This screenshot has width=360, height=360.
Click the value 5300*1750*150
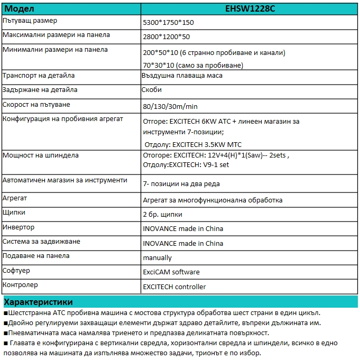pyautogui.click(x=169, y=23)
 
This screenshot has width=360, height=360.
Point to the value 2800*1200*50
pyautogui.click(x=167, y=37)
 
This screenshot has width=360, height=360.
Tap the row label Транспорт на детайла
pyautogui.click(x=39, y=76)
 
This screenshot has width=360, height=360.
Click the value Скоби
pyautogui.click(x=152, y=90)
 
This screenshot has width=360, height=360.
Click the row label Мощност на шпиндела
pyautogui.click(x=41, y=155)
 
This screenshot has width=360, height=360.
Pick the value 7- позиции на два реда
pyautogui.click(x=181, y=184)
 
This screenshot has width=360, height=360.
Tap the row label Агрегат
pyautogui.click(x=15, y=198)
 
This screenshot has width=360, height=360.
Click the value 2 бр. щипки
pyautogui.click(x=163, y=215)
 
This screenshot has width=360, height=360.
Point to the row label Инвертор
pyautogui.click(x=19, y=227)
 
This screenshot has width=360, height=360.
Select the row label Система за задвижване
pyautogui.click(x=42, y=242)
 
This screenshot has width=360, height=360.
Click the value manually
pyautogui.click(x=158, y=258)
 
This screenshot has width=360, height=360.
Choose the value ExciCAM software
pyautogui.click(x=171, y=272)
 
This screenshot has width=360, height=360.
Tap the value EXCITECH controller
pyautogui.click(x=174, y=287)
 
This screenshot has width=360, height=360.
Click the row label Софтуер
pyautogui.click(x=16, y=271)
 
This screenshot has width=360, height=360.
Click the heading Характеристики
pyautogui.click(x=38, y=302)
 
